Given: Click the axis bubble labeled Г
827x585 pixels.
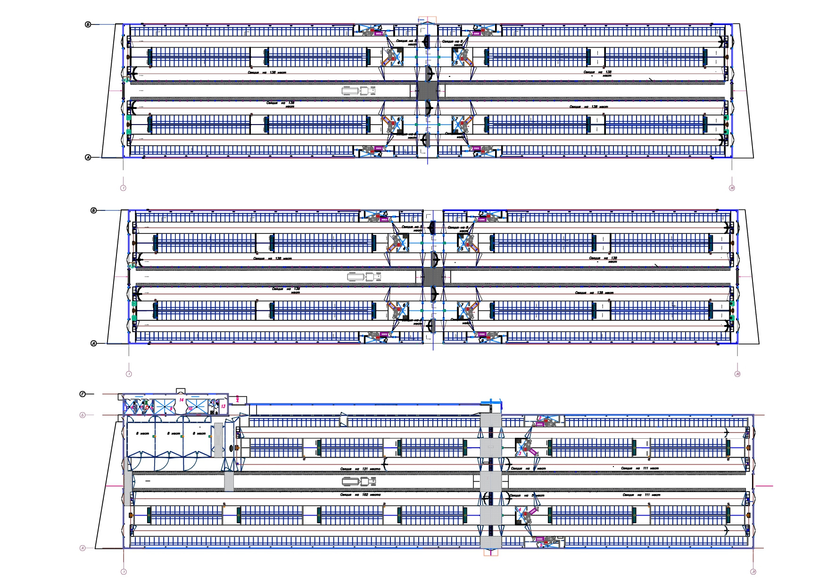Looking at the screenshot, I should coord(83,393).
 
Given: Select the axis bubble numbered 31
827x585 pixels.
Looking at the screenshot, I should coord(753,572).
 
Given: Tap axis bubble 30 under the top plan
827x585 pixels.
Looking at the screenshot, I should coord(732,188).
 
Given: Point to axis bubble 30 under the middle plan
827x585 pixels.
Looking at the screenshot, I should coord(737,374).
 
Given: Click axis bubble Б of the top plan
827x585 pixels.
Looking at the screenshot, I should coord(88,24).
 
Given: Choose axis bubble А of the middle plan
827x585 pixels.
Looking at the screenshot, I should coord(93,343).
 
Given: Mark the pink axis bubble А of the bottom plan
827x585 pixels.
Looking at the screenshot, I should coord(83,548).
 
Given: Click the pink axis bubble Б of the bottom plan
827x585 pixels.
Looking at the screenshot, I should coord(83,415).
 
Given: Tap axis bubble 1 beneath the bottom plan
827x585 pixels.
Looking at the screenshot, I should coord(124,572).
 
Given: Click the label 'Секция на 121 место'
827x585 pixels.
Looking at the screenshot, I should coord(360,469).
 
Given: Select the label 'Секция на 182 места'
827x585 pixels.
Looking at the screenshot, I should coord(360,495).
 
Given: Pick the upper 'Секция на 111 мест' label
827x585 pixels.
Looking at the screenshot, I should coord(640,468).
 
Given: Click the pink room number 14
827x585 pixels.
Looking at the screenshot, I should coord(181,400).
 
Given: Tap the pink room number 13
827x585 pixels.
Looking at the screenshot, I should coord(223,406).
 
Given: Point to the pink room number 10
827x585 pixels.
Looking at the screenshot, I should coord(190,409).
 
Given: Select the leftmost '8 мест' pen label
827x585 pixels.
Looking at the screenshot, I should coord(143,433).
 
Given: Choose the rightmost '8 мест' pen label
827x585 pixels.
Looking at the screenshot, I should coord(199,433).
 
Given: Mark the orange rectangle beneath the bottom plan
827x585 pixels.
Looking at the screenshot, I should coord(490,553).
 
